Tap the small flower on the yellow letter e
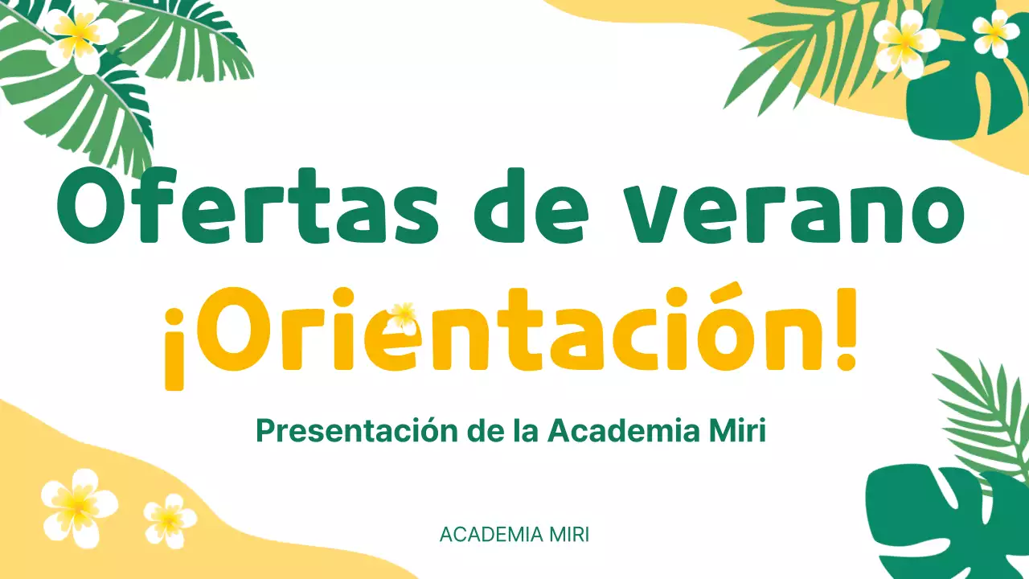[403, 314]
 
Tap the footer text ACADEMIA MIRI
[514, 535]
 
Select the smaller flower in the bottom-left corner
[170, 521]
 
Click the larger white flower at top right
[905, 42]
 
